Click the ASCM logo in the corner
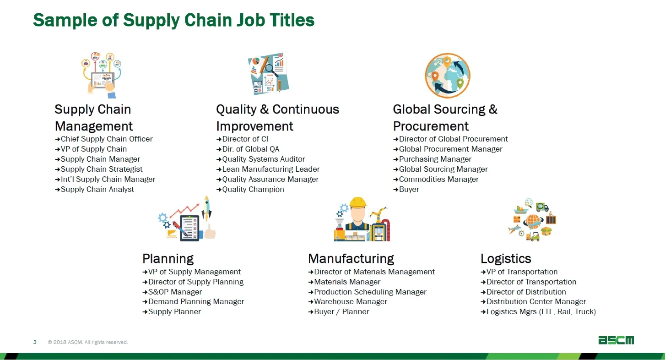[616, 340]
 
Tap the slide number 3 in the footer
[35, 342]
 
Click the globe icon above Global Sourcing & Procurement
[448, 76]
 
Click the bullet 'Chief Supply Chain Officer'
[107, 139]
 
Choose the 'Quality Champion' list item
[253, 190]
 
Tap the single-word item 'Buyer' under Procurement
[409, 190]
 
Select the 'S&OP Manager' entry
[175, 292]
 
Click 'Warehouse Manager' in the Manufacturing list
[351, 302]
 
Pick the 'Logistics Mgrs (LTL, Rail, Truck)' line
[541, 312]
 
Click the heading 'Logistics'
[506, 259]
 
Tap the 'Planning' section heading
[168, 259]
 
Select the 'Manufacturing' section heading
[351, 259]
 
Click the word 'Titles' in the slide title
[292, 20]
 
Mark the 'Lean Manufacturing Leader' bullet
[271, 169]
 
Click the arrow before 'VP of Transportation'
[483, 272]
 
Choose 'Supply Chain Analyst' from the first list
[97, 190]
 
